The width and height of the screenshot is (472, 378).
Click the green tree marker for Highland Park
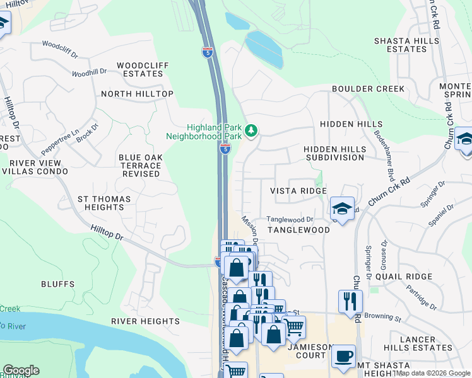click(252, 130)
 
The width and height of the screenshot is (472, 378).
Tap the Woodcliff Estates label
click(140, 69)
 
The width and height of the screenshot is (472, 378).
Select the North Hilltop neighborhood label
click(137, 94)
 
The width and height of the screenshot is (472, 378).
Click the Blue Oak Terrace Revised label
click(141, 166)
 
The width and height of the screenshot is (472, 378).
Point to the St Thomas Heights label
click(104, 203)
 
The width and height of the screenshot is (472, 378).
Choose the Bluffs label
click(58, 284)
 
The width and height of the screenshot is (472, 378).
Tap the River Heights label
click(145, 321)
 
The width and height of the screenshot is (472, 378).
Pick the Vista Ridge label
click(298, 191)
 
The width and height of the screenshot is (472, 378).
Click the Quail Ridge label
click(403, 276)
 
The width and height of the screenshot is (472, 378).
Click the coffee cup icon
click(343, 355)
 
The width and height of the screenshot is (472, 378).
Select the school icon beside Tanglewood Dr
click(342, 209)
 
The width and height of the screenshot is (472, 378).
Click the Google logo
click(21, 370)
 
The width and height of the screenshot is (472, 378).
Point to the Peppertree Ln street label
click(59, 142)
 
